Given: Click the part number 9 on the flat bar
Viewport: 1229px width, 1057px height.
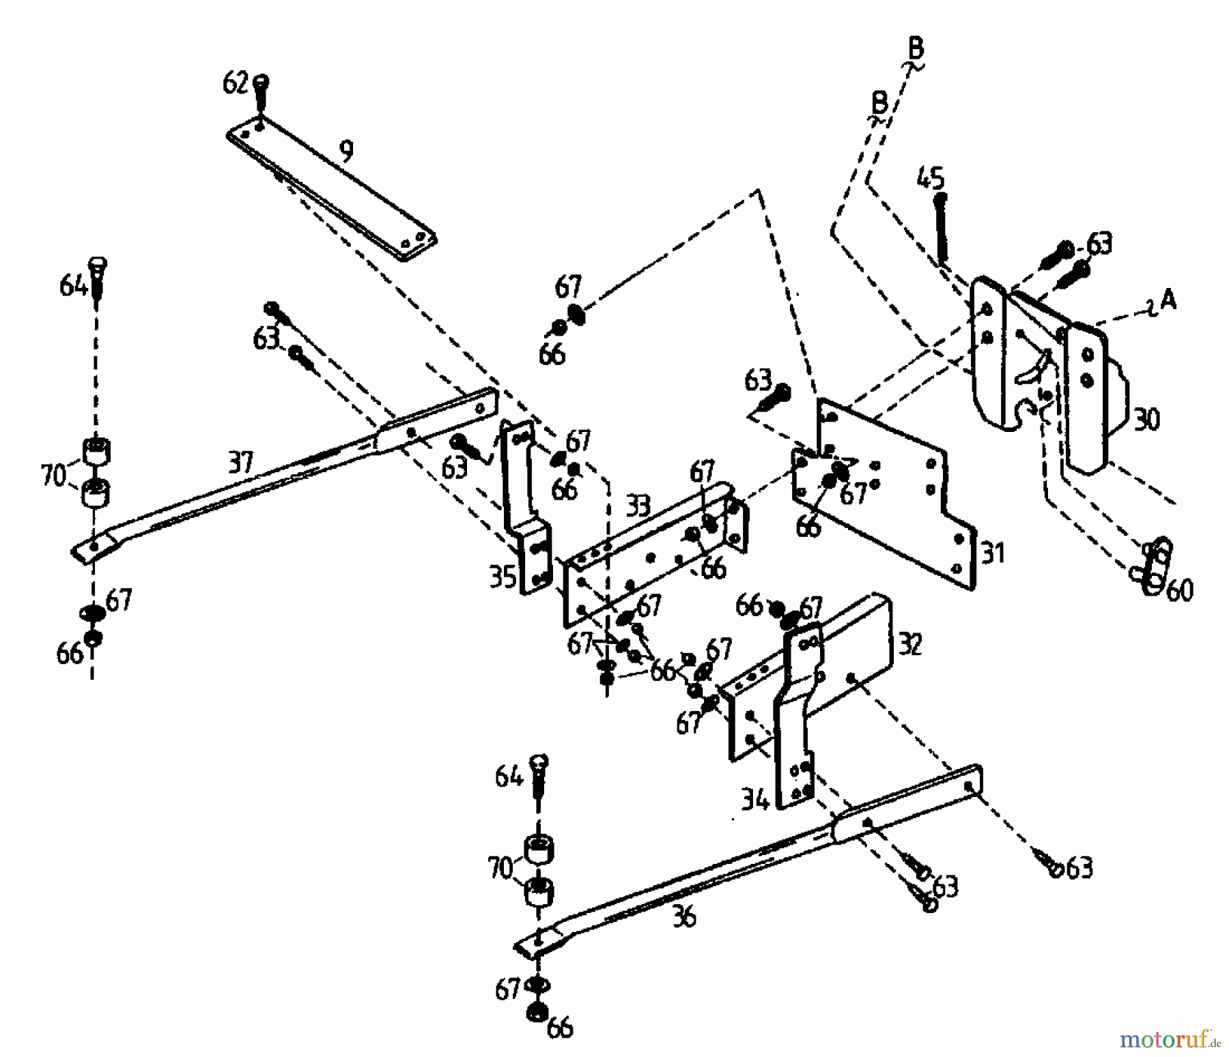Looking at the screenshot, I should point(345,151).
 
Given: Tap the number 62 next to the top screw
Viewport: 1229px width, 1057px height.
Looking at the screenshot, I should point(236,84).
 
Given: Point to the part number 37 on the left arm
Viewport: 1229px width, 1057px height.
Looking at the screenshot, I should point(240,464).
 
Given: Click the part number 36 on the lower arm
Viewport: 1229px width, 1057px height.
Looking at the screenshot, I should point(683,916).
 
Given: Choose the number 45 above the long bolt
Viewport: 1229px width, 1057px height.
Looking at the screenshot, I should point(930,178).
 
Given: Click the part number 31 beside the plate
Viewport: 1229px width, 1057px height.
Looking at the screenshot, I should point(993,552).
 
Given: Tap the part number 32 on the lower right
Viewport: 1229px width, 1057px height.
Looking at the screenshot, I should point(910,643).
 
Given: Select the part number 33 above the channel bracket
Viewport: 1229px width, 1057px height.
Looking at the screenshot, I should point(638,507).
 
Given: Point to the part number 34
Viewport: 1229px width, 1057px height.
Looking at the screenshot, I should point(755,799).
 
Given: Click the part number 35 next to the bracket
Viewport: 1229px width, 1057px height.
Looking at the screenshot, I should point(503,577).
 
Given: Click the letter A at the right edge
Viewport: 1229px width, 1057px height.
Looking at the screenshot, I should point(1168,300).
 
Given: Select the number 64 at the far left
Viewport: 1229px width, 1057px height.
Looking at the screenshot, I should point(73,285).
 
